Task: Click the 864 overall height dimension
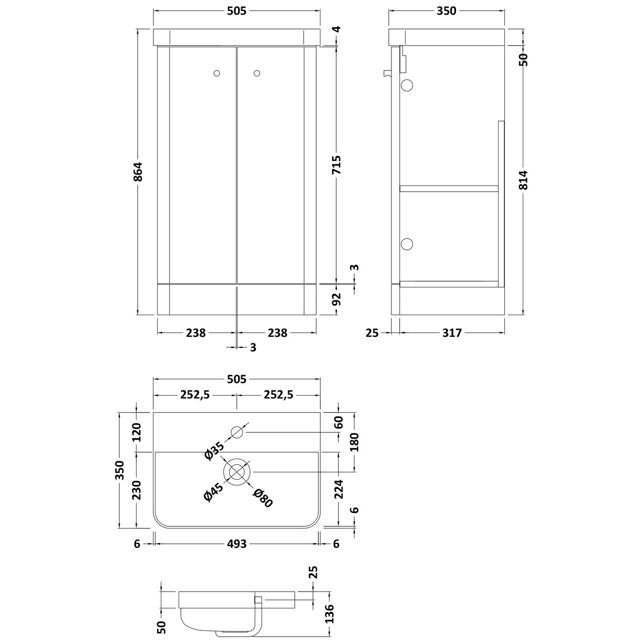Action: coord(138,172)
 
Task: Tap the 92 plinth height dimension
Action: coord(337,299)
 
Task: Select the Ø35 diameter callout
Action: coord(215,451)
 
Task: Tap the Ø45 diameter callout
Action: coord(214,494)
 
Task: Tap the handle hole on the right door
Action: coord(257,74)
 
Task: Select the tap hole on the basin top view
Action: coord(237,432)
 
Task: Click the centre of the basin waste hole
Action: coord(237,470)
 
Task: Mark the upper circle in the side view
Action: coord(408,85)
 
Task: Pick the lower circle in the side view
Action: coord(408,243)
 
